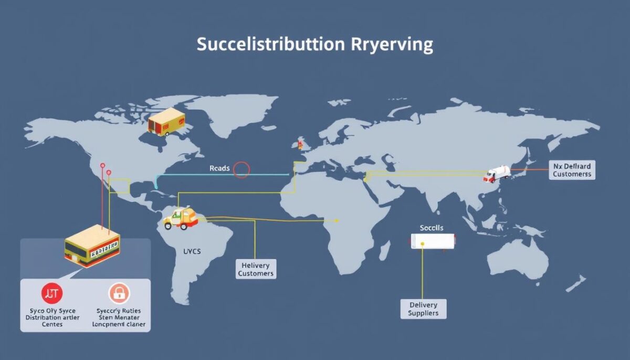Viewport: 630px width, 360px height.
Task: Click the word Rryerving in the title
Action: pyautogui.click(x=391, y=45)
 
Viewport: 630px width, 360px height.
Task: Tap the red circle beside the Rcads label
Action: pyautogui.click(x=241, y=169)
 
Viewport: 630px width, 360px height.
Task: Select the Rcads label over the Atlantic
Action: pyautogui.click(x=219, y=169)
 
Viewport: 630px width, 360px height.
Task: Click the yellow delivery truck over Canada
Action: pyautogui.click(x=166, y=123)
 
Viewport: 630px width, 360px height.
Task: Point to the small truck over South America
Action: pyautogui.click(x=181, y=218)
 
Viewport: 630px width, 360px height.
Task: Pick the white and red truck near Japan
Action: pyautogui.click(x=497, y=174)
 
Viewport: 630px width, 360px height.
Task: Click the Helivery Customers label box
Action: pyautogui.click(x=255, y=268)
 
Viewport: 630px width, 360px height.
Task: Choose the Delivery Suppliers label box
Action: pyautogui.click(x=423, y=309)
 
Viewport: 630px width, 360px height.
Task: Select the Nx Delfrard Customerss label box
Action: pyautogui.click(x=572, y=170)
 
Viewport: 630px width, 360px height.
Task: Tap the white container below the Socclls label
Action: pyautogui.click(x=432, y=241)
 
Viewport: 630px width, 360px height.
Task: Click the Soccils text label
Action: pyautogui.click(x=432, y=228)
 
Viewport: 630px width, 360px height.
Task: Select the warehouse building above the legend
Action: pyautogui.click(x=92, y=246)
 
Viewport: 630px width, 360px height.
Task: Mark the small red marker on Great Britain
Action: pyautogui.click(x=301, y=143)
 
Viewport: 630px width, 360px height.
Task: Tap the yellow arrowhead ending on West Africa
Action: pyautogui.click(x=337, y=220)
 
